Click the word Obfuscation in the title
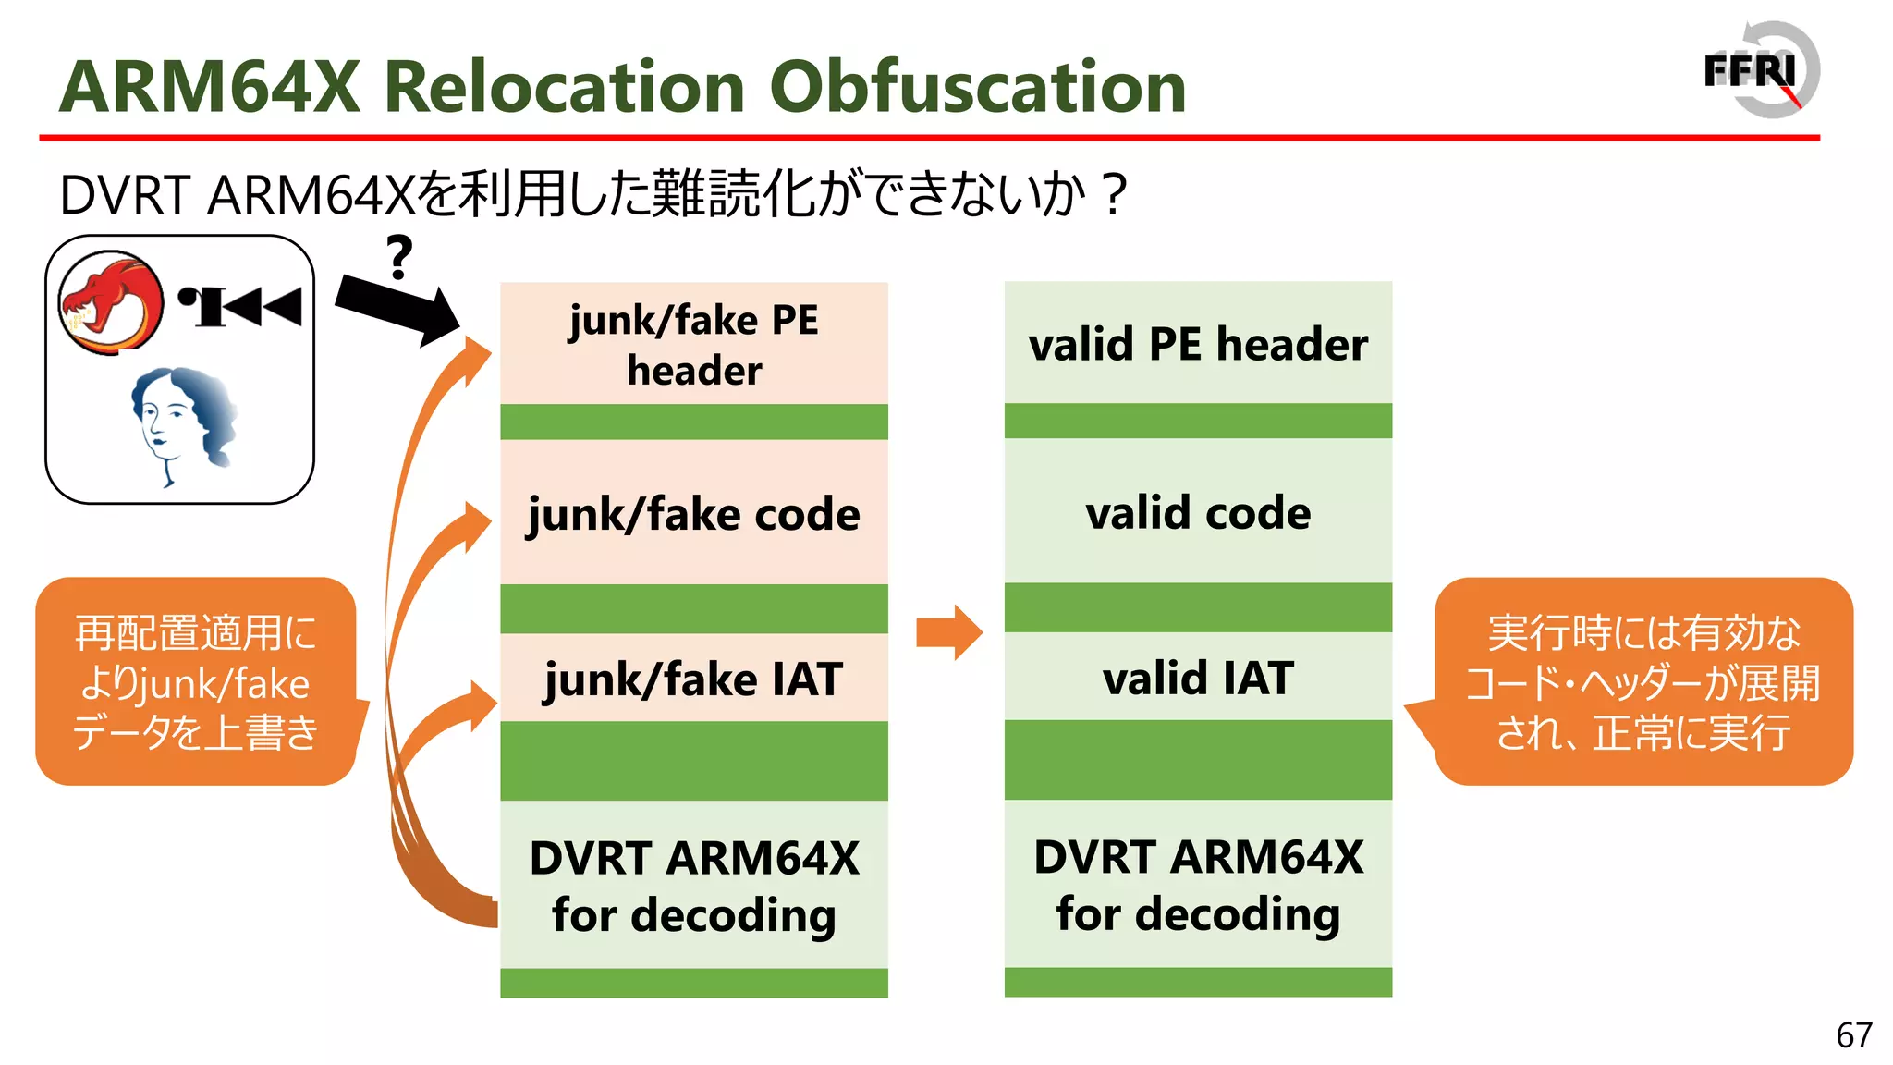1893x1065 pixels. (977, 88)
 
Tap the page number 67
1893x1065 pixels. (1853, 1035)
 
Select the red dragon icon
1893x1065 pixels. (110, 303)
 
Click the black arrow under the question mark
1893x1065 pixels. (397, 310)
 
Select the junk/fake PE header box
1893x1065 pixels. (693, 344)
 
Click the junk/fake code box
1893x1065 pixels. (693, 513)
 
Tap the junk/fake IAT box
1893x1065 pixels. (693, 678)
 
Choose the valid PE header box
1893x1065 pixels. (1198, 343)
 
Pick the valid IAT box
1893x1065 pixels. (1198, 677)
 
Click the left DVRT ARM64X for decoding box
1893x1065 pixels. (693, 885)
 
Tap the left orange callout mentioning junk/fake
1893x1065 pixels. (195, 682)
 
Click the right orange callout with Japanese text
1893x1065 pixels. (1643, 682)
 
